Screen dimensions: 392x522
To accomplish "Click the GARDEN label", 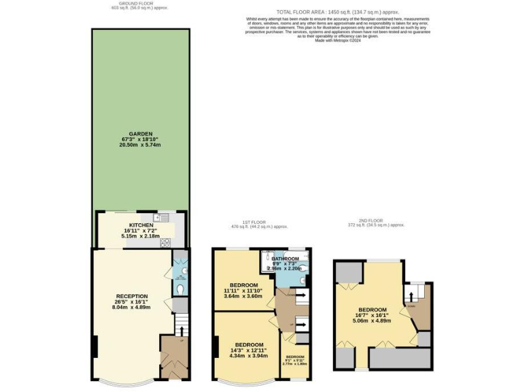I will [x=141, y=134].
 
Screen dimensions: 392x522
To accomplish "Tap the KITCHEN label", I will [x=141, y=225].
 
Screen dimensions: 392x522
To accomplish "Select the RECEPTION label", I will [x=132, y=296].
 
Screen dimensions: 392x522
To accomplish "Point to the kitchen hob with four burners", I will [x=164, y=242].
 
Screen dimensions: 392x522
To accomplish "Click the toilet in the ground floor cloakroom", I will [x=180, y=289].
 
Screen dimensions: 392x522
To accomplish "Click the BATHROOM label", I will [x=285, y=259].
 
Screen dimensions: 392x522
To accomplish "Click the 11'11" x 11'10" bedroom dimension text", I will [x=243, y=291].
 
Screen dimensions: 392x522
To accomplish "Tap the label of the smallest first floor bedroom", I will [x=295, y=357].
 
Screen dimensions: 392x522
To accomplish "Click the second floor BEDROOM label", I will [x=372, y=310].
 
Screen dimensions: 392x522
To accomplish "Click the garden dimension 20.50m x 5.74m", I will [x=141, y=145].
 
